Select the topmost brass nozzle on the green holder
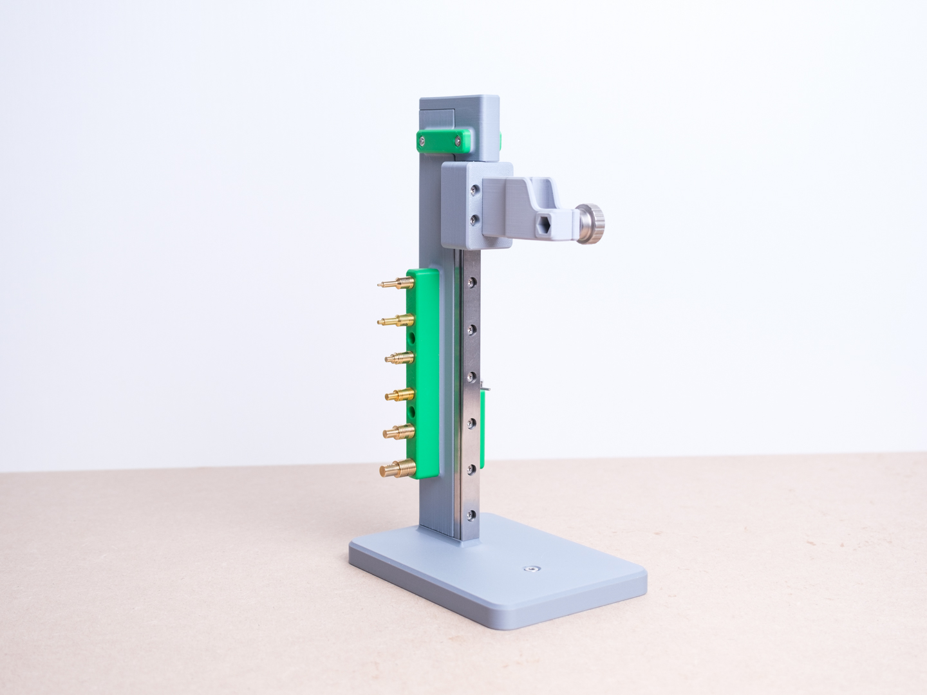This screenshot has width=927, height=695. coord(393,283)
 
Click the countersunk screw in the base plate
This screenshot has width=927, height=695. coord(531,569)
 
